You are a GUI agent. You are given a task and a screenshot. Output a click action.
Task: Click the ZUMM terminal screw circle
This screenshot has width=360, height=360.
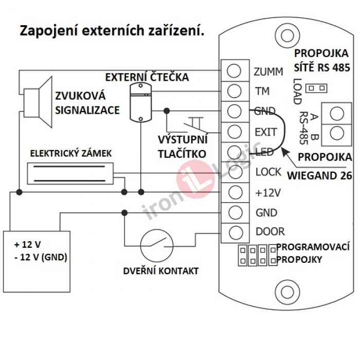click(233, 70)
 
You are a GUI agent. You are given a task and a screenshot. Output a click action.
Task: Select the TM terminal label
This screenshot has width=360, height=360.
click(262, 91)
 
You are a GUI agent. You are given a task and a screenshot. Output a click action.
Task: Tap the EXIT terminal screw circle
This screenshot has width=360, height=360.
click(235, 131)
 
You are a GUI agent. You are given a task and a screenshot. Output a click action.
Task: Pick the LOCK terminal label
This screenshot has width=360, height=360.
click(268, 172)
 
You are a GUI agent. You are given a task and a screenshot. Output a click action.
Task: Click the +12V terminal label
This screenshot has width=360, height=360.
click(268, 193)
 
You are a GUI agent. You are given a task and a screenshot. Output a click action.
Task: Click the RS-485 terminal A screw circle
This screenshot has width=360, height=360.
click(337, 114)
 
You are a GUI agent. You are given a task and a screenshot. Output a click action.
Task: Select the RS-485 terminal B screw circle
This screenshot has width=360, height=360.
click(337, 133)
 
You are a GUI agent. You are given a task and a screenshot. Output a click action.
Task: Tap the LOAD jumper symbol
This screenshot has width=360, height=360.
click(317, 88)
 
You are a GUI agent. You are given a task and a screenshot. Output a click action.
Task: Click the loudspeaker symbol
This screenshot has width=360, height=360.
click(38, 102)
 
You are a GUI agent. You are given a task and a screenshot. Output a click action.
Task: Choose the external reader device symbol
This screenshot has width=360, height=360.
click(140, 102)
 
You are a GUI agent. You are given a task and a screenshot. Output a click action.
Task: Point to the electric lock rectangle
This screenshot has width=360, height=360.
click(70, 174)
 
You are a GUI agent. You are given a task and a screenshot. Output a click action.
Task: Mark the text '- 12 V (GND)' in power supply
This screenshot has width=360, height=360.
click(41, 258)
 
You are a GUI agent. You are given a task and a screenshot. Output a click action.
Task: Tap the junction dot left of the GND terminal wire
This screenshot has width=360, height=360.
click(167, 111)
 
